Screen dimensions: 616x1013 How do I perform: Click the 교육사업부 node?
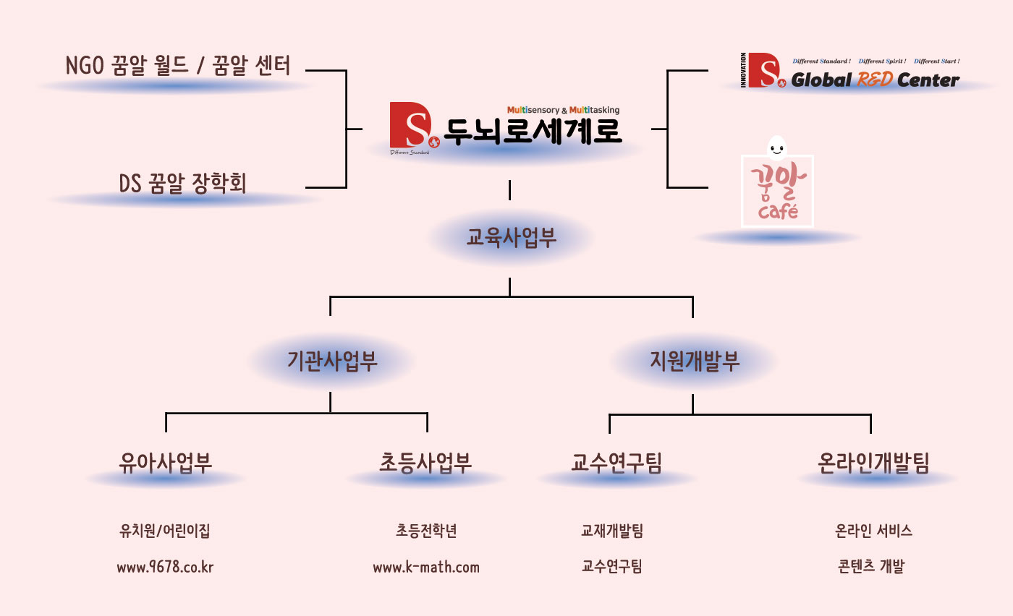click(x=511, y=239)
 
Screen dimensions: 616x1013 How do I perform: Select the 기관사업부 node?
click(x=332, y=361)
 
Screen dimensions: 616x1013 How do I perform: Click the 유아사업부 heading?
click(x=166, y=463)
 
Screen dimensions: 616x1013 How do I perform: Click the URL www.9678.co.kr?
click(x=165, y=568)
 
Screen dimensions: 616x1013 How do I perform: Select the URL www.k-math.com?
click(x=426, y=568)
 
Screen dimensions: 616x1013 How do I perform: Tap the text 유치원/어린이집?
click(x=165, y=531)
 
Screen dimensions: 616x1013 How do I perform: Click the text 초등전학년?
click(x=426, y=531)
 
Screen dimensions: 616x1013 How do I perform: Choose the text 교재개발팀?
click(x=611, y=531)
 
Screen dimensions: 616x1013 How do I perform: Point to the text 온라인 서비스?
click(x=873, y=531)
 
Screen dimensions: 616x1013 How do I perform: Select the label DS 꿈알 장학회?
click(x=182, y=184)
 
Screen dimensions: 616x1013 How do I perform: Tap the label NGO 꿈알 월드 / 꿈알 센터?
click(x=177, y=67)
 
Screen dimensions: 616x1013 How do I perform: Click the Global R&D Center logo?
click(x=851, y=72)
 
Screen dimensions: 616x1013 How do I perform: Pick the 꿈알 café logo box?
click(x=777, y=191)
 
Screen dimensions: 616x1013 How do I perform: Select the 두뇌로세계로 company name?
click(x=533, y=132)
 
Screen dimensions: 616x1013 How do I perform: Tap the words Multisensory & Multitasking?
click(x=563, y=110)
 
